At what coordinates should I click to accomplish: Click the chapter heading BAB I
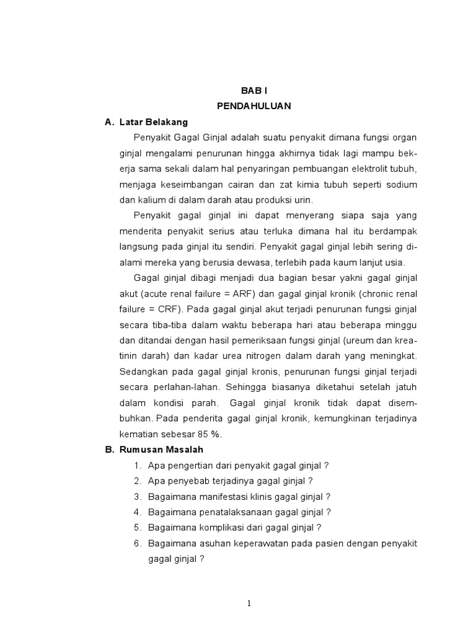click(254, 91)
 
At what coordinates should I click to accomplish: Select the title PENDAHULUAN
click(254, 106)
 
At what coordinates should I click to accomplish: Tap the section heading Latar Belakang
click(153, 122)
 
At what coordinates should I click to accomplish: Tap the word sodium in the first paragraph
click(402, 184)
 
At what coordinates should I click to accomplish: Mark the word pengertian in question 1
click(187, 465)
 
